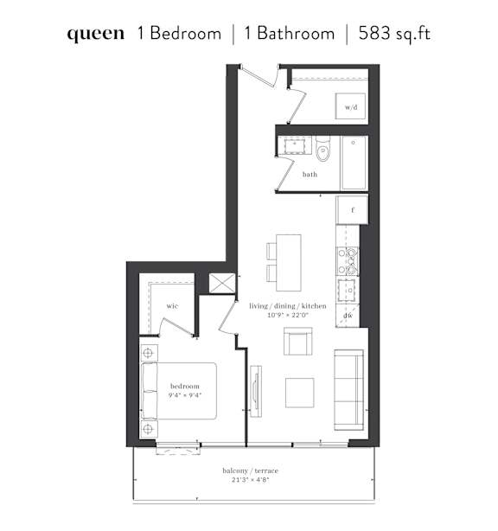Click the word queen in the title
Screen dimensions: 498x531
[x=96, y=35]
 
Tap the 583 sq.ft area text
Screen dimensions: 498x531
[x=394, y=34]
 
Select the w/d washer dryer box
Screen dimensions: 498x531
[x=351, y=106]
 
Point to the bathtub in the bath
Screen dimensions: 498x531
[x=354, y=163]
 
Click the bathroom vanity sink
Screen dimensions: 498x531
[x=294, y=145]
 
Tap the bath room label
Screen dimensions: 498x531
[x=310, y=175]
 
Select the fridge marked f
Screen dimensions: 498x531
[x=352, y=210]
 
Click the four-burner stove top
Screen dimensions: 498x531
[x=348, y=261]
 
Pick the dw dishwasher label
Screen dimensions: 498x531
[x=348, y=316]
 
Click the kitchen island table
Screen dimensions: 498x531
[x=289, y=262]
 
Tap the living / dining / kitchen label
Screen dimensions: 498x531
[x=288, y=306]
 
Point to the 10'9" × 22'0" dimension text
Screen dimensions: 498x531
[x=288, y=316]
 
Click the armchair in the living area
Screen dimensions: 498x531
[x=298, y=341]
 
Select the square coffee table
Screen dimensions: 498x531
[x=300, y=393]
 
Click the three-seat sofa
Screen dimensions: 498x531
[x=349, y=390]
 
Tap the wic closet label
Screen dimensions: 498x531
[x=172, y=306]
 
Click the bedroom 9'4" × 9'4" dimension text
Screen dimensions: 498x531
[x=185, y=395]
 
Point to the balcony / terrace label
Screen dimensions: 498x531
[x=250, y=470]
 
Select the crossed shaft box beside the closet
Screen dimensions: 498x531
[x=221, y=283]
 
